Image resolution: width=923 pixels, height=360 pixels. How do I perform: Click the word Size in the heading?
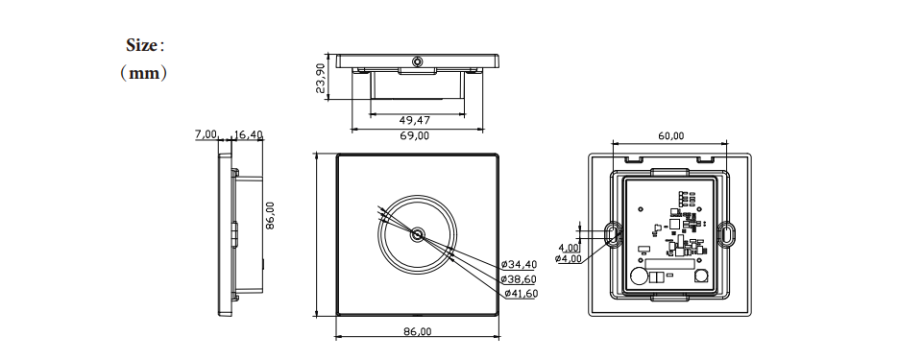click(141, 45)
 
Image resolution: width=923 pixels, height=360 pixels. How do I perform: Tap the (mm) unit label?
click(144, 74)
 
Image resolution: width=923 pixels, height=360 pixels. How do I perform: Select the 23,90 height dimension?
click(320, 78)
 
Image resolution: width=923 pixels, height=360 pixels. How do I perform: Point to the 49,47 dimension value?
click(414, 121)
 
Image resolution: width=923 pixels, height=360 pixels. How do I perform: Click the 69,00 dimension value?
click(414, 136)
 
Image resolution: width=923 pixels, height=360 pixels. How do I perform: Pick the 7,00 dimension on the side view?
click(206, 134)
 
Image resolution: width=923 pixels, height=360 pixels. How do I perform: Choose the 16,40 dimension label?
click(248, 134)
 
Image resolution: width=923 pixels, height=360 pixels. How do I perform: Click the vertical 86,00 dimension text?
click(270, 215)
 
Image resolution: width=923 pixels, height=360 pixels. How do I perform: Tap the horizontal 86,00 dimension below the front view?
click(417, 332)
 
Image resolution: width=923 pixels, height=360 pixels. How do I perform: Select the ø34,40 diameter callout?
click(520, 265)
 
